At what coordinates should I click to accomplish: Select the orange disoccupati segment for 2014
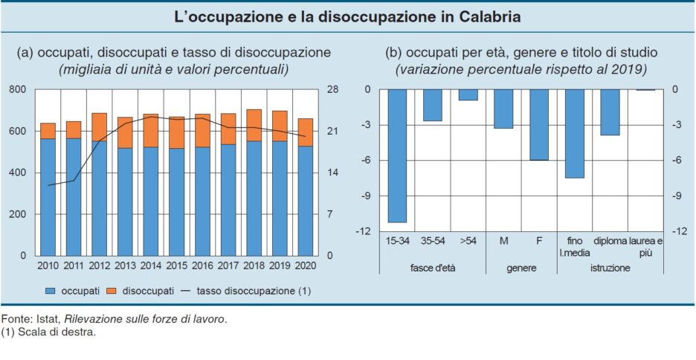point(152,131)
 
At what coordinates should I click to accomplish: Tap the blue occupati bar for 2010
point(48,197)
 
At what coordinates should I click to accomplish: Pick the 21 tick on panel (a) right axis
point(332,132)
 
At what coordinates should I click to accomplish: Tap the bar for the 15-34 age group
point(397,155)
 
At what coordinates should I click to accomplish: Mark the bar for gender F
point(539,124)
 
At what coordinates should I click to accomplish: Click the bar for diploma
point(610,112)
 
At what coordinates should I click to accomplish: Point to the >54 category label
point(468,241)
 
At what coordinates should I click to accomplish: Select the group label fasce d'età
point(432,268)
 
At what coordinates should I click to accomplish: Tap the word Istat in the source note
point(43,320)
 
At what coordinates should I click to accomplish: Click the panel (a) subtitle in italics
point(173,70)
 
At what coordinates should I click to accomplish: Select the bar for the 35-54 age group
point(433,105)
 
